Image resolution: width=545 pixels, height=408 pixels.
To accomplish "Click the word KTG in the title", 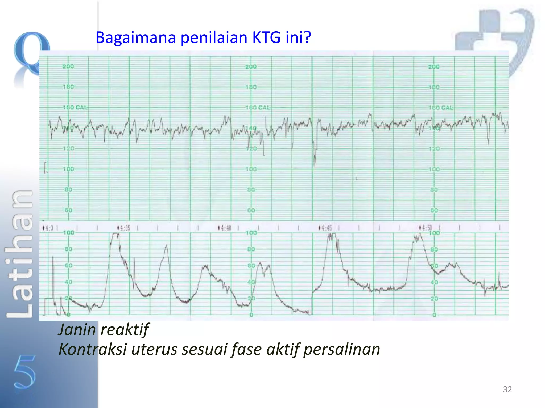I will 266,37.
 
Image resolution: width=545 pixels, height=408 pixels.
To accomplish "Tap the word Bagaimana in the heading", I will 135,37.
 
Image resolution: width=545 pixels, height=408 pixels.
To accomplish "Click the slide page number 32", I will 507,389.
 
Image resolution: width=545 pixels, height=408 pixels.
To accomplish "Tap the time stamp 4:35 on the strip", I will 125,228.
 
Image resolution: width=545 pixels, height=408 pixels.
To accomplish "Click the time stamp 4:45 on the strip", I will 327,228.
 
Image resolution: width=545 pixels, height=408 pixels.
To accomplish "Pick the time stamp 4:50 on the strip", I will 427,228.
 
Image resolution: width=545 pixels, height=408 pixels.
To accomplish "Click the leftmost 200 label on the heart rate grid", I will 68,66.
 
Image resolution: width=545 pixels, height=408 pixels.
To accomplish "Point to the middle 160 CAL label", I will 257,108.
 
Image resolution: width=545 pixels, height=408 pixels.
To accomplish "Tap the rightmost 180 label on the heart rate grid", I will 434,87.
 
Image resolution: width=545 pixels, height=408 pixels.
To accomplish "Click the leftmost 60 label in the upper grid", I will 68,210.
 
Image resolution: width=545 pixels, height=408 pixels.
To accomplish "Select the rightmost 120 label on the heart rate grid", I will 434,148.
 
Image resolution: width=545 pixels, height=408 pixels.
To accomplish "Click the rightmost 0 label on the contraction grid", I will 434,315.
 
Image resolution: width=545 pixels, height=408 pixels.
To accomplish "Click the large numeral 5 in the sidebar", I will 24,372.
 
